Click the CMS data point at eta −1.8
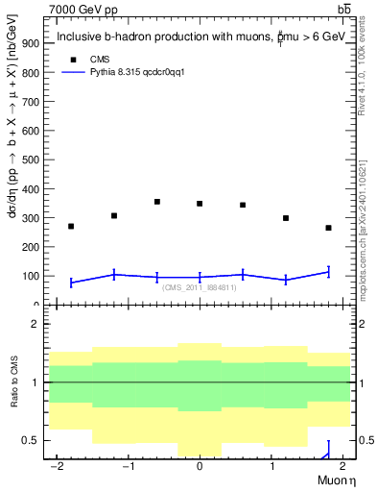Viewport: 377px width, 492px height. tap(71, 227)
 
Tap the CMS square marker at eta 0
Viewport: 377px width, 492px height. tap(200, 204)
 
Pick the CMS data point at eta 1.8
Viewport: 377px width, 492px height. tap(328, 228)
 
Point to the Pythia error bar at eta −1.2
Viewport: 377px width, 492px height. tap(114, 275)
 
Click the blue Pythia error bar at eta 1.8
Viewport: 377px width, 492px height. tap(328, 272)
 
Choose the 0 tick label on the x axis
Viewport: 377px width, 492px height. tap(200, 466)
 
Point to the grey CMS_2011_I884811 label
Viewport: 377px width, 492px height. tap(199, 287)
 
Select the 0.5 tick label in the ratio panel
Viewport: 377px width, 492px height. tap(30, 441)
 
